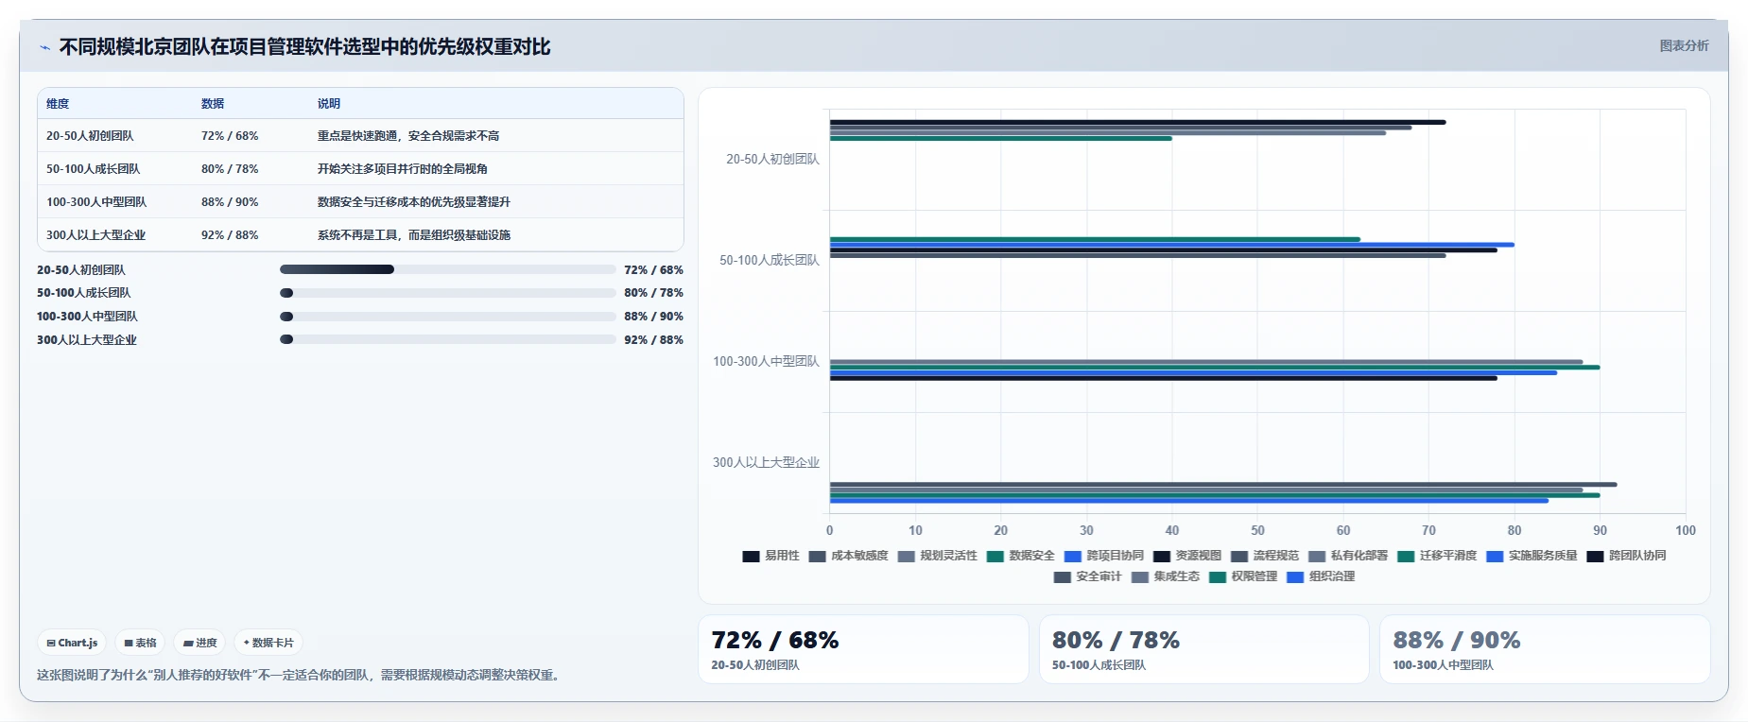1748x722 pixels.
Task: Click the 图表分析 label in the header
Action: pyautogui.click(x=1684, y=45)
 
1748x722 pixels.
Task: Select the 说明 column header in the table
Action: pyautogui.click(x=329, y=104)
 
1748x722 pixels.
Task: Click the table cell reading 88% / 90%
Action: pyautogui.click(x=230, y=202)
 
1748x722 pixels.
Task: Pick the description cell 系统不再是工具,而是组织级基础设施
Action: pyautogui.click(x=414, y=235)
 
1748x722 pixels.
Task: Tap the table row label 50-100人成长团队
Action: pyautogui.click(x=93, y=169)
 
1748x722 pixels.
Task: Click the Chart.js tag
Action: pyautogui.click(x=72, y=643)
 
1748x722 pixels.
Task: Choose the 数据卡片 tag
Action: pyautogui.click(x=268, y=643)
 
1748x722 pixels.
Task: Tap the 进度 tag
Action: pyautogui.click(x=199, y=643)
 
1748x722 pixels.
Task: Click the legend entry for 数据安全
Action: pyautogui.click(x=1020, y=556)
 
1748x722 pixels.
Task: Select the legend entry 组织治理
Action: pyautogui.click(x=1321, y=576)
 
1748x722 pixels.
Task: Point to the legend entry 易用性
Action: pyautogui.click(x=770, y=556)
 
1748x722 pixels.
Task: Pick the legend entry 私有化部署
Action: pyautogui.click(x=1348, y=556)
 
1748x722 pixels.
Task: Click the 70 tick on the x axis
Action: pyautogui.click(x=1428, y=530)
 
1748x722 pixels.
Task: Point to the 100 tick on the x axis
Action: pyautogui.click(x=1686, y=530)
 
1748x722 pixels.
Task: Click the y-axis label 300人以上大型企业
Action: pyautogui.click(x=766, y=462)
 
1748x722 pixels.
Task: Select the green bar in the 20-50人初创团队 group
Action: pyautogui.click(x=1001, y=139)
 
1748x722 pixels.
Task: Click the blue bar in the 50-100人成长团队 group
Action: pyautogui.click(x=1172, y=245)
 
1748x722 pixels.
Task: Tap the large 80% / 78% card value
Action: pyautogui.click(x=1116, y=640)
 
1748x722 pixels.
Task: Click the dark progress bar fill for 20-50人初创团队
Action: pyautogui.click(x=337, y=269)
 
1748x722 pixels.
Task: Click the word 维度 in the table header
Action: pyautogui.click(x=58, y=104)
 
